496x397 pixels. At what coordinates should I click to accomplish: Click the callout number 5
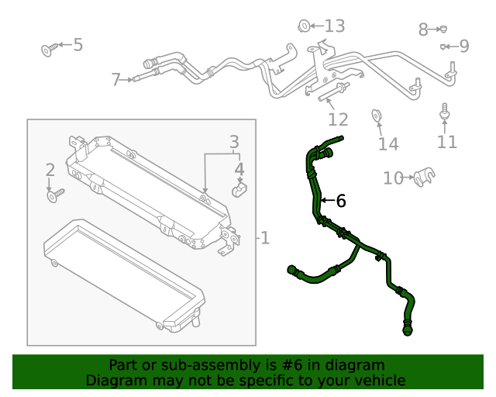tap(77, 45)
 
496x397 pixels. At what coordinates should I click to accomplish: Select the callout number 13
tap(334, 26)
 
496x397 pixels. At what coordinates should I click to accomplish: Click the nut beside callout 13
tap(305, 26)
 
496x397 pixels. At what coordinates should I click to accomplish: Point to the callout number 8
tap(423, 30)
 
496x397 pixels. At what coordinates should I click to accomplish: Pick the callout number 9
tap(464, 47)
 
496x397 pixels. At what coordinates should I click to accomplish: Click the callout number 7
tap(116, 79)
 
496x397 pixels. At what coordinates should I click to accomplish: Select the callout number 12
tap(338, 119)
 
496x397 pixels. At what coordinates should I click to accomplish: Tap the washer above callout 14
tap(377, 116)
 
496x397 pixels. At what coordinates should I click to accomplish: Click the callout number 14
tap(387, 143)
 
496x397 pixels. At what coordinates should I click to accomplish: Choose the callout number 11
tap(447, 142)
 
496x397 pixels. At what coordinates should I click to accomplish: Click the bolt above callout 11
tap(446, 112)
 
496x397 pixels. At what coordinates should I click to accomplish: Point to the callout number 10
tap(394, 178)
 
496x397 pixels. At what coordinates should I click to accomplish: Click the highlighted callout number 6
tap(340, 201)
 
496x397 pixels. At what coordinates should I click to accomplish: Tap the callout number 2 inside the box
tap(50, 170)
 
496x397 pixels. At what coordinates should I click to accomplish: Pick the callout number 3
tap(234, 142)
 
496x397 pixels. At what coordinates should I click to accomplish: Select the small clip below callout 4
tap(239, 188)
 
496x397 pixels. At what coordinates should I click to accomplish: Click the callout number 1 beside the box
tap(265, 237)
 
